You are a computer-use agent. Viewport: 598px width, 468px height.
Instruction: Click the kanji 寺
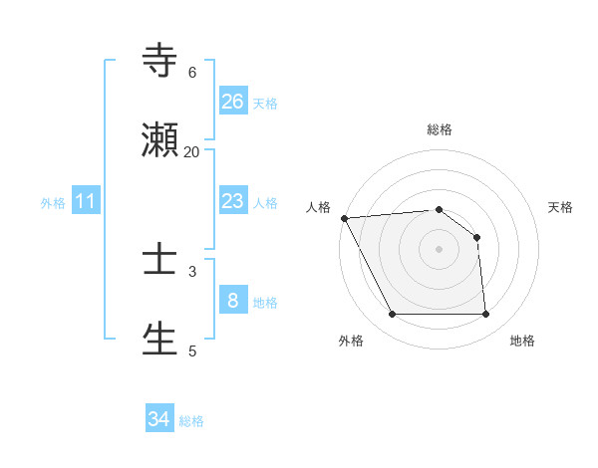tap(160, 61)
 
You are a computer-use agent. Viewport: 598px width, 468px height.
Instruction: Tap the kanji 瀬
tap(160, 140)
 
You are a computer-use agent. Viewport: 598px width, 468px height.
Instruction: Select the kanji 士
tap(160, 260)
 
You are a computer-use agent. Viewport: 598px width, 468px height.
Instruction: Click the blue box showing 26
tap(233, 101)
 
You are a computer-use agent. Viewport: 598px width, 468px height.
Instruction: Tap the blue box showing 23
tap(233, 201)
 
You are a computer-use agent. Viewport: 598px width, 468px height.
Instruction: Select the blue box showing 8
tap(233, 301)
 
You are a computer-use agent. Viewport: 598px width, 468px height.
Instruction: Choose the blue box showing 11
tap(86, 201)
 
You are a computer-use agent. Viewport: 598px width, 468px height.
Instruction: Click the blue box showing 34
tap(159, 419)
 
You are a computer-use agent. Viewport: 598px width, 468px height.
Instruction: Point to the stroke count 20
tap(191, 151)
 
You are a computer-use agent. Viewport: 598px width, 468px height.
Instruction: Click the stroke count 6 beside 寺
tap(192, 72)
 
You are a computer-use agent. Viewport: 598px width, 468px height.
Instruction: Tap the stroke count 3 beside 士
tap(192, 271)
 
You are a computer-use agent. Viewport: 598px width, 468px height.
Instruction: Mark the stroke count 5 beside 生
tap(192, 351)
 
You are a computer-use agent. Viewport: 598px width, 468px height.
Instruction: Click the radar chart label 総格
tap(440, 129)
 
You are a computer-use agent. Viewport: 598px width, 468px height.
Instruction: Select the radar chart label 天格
tap(561, 207)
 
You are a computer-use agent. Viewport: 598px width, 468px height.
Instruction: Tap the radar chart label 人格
tap(318, 207)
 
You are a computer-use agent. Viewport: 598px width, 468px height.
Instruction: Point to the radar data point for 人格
tap(344, 218)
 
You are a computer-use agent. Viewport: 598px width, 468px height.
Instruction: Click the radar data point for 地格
tap(485, 315)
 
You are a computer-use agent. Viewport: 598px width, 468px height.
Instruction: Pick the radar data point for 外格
tap(392, 315)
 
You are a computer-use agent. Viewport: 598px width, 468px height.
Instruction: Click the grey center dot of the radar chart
tap(439, 249)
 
